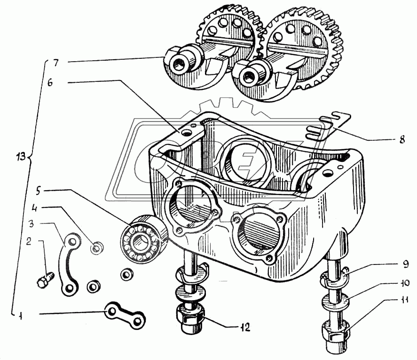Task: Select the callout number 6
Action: tap(50, 83)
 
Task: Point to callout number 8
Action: tap(402, 139)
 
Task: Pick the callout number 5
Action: tap(38, 191)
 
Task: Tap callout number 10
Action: tap(404, 283)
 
